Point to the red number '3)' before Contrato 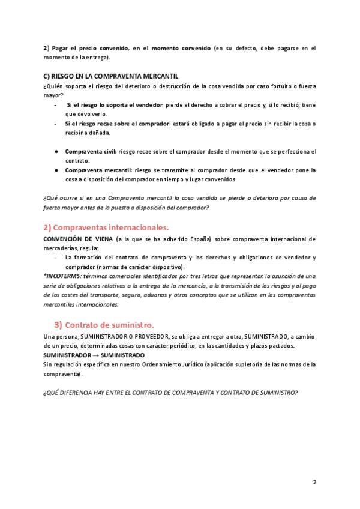click(58, 325)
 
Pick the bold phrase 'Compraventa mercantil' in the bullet click(98, 170)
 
